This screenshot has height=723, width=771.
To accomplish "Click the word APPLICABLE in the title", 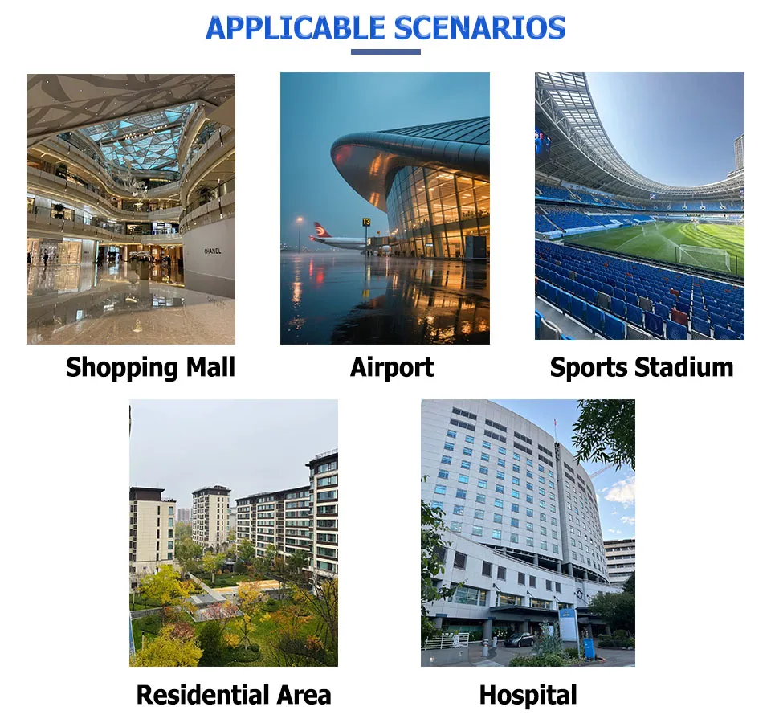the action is coord(295,28).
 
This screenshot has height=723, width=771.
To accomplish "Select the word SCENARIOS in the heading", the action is coord(480,28).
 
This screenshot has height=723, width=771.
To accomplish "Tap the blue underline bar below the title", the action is coord(385,51).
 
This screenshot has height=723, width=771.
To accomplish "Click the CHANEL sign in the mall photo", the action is coord(212,251).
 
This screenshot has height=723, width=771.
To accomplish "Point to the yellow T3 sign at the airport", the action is coord(366,222).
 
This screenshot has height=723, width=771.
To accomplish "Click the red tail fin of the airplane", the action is coord(322,230).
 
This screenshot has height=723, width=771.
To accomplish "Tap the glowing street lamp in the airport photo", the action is coord(299,220).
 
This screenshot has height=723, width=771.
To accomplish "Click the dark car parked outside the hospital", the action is coord(520,639).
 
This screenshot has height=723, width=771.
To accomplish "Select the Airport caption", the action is coord(392,368).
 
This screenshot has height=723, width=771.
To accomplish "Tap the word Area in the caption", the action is coord(304,694).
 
